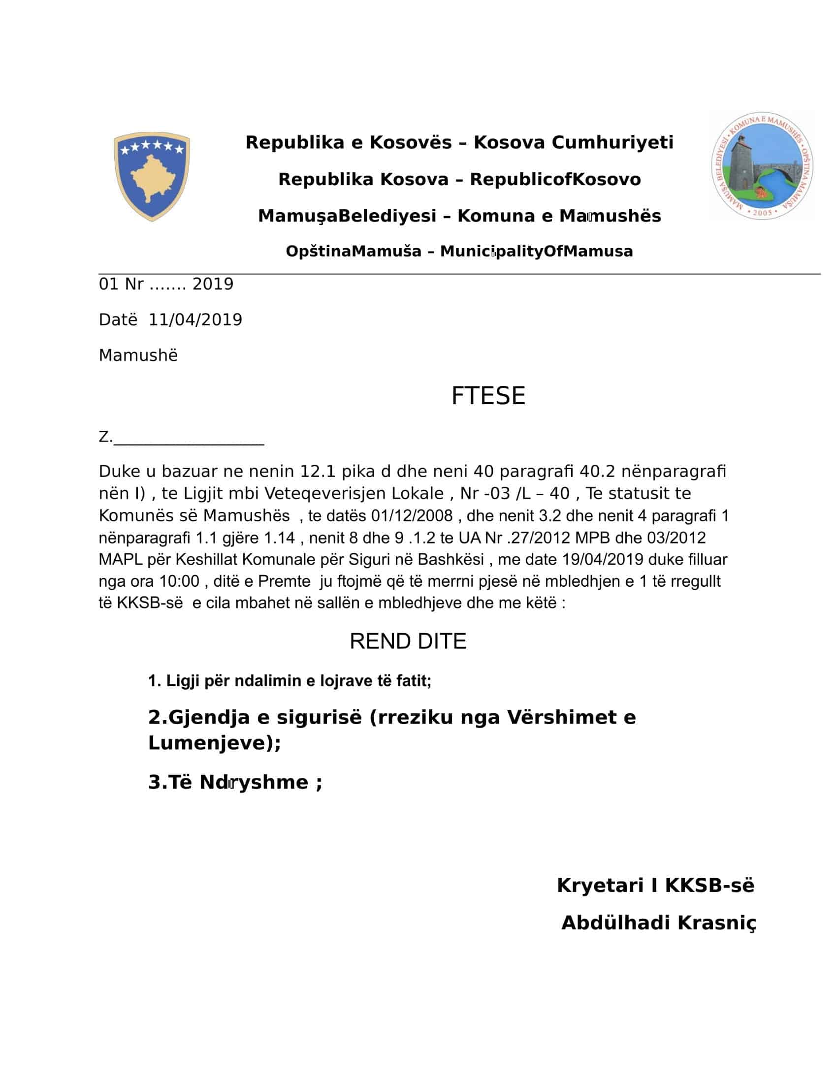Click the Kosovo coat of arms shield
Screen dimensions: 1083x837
pyautogui.click(x=152, y=176)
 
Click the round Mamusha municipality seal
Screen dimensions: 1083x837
pyautogui.click(x=762, y=166)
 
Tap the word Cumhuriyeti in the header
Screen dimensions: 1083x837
pyautogui.click(x=612, y=143)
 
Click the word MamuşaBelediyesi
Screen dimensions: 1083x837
pyautogui.click(x=347, y=216)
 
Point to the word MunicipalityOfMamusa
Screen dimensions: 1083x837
pyautogui.click(x=537, y=252)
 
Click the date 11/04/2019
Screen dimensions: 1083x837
pyautogui.click(x=195, y=320)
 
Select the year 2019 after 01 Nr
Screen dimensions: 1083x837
pyautogui.click(x=213, y=284)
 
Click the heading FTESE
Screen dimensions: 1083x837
pyautogui.click(x=488, y=396)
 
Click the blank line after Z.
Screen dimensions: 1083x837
pyautogui.click(x=189, y=438)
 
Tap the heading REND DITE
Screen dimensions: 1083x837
pyautogui.click(x=408, y=641)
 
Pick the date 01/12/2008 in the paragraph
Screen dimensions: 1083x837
pyautogui.click(x=412, y=516)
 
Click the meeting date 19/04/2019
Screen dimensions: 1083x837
pyautogui.click(x=603, y=559)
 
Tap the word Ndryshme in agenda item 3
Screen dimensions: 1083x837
pyautogui.click(x=254, y=783)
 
